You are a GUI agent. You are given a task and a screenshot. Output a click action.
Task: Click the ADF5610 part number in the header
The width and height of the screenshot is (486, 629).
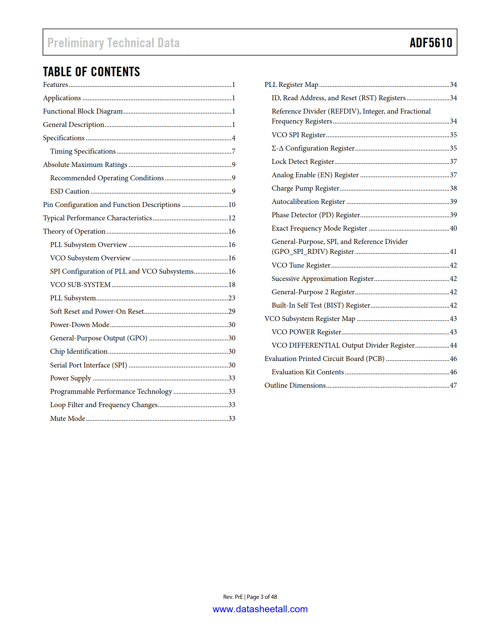tap(431, 43)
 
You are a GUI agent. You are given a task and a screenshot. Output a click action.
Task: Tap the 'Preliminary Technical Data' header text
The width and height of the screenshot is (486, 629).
tap(113, 43)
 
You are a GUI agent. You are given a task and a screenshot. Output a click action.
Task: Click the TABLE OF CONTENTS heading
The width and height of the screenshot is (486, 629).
tap(91, 72)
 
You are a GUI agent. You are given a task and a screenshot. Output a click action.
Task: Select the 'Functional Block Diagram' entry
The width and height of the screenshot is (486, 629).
tap(83, 111)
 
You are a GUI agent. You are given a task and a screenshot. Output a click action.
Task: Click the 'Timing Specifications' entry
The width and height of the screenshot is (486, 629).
tap(83, 151)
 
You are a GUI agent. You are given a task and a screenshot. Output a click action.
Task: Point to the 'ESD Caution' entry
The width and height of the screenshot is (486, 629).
tap(70, 191)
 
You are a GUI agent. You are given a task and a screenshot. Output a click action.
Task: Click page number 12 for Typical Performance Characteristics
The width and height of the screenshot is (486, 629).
tap(232, 218)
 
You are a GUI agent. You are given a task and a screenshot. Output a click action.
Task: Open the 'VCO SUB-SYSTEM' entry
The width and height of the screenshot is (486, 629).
tap(80, 285)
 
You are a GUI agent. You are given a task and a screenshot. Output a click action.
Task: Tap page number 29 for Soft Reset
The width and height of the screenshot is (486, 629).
tap(232, 311)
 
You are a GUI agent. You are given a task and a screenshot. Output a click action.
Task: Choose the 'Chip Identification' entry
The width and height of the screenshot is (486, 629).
tap(79, 351)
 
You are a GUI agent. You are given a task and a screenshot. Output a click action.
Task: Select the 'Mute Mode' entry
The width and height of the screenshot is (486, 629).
tap(68, 419)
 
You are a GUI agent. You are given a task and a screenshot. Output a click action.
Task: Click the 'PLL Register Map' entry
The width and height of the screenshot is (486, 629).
tap(291, 85)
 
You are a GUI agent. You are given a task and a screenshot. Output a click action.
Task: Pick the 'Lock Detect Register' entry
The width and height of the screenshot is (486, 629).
tap(303, 162)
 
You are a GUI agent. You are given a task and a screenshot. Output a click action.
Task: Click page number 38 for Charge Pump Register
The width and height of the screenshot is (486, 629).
tap(453, 188)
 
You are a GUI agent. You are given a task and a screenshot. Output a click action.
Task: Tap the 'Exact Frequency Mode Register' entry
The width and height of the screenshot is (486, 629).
tap(319, 228)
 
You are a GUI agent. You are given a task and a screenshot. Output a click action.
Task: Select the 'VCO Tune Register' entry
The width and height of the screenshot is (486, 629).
tap(301, 265)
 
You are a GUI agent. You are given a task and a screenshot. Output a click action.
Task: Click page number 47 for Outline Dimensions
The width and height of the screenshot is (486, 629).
tap(453, 385)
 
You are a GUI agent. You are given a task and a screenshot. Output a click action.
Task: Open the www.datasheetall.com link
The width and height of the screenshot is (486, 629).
tap(260, 609)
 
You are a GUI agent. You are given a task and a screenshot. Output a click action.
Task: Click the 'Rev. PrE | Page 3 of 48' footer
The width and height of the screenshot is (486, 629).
tap(250, 597)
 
